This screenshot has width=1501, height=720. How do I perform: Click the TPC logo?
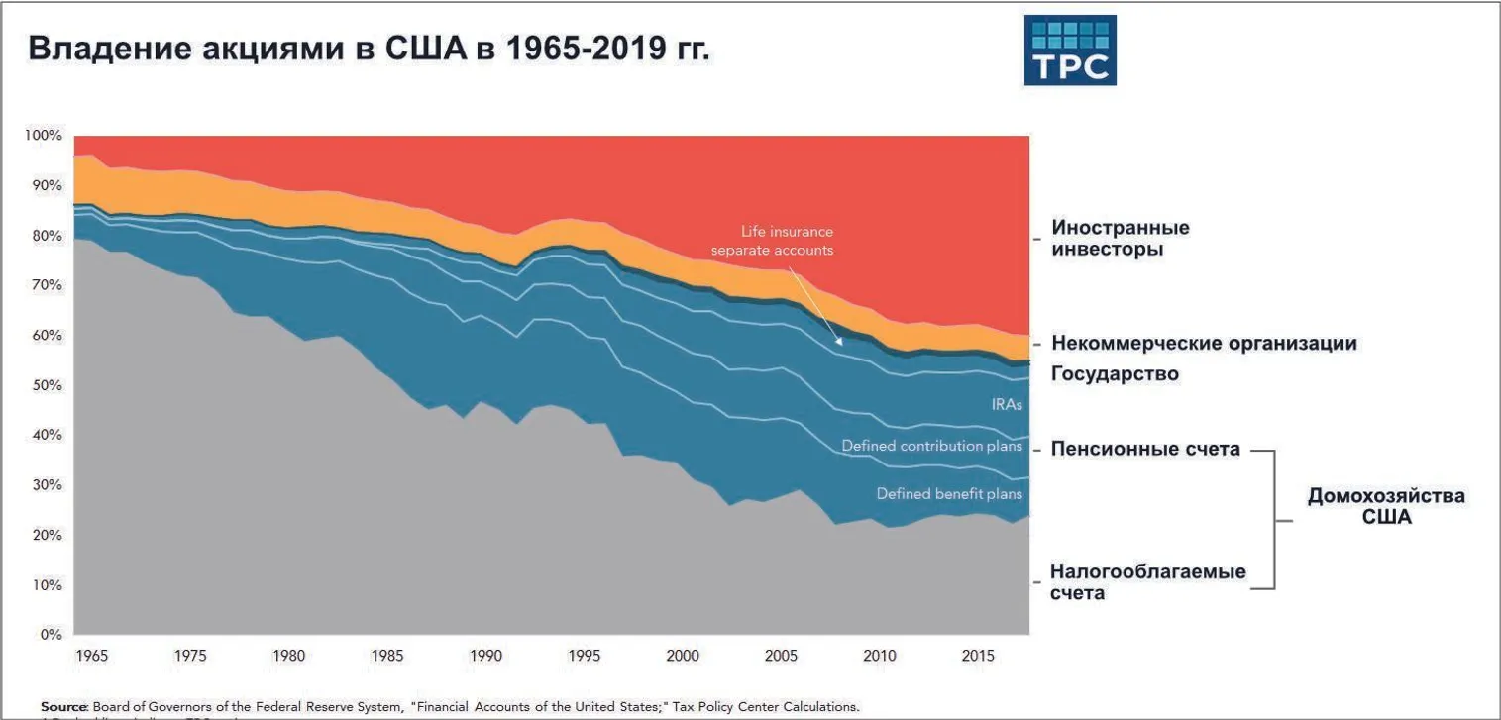[1069, 50]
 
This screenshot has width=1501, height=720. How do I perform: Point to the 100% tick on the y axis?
[45, 135]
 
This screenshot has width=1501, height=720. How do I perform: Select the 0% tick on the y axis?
[51, 634]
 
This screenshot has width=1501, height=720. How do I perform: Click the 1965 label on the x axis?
[90, 655]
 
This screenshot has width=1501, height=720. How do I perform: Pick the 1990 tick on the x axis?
[484, 655]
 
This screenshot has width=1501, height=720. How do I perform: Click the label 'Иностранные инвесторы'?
[1121, 239]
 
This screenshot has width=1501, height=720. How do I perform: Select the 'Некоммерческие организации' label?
[1204, 344]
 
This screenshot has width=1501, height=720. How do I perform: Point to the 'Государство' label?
[1115, 374]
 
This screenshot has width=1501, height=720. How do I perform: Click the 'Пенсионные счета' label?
[1145, 449]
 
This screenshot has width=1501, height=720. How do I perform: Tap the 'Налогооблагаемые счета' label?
[1147, 582]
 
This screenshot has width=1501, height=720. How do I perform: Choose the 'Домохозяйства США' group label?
[1385, 506]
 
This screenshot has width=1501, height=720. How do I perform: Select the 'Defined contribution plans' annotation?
[931, 446]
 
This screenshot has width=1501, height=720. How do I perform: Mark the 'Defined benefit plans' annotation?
[949, 493]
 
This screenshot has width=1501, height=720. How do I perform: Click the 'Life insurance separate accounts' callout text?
[772, 241]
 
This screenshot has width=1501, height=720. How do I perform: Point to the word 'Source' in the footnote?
[64, 706]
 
